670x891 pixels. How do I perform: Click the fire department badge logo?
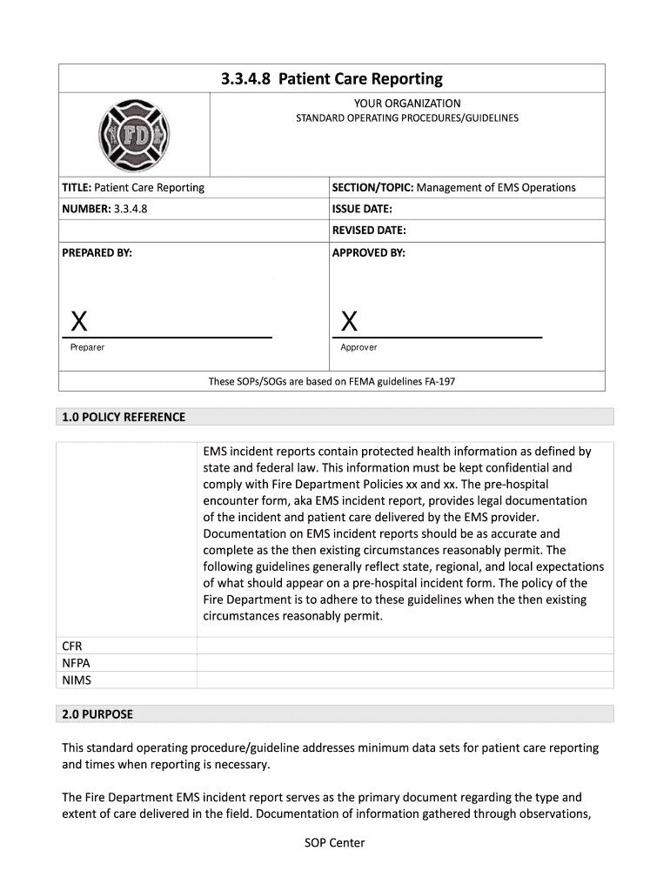pos(134,136)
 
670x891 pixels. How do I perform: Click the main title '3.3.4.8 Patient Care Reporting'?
pos(332,79)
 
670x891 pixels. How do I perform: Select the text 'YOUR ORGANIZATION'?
pos(406,104)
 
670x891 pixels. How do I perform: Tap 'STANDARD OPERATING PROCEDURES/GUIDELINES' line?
pos(406,117)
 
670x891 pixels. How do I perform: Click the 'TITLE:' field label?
pos(77,188)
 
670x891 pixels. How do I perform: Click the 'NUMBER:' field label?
pos(85,209)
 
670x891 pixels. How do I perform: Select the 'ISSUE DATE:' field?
pos(362,209)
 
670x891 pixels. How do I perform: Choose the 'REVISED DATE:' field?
pos(369,231)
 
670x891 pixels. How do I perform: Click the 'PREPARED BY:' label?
pos(97,252)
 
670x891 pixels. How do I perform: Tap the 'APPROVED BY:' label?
pos(368,252)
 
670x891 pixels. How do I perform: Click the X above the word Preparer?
pos(78,322)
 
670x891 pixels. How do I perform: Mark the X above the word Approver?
pos(349,322)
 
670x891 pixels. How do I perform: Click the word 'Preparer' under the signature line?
pos(87,347)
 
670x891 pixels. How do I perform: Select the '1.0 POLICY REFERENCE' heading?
pos(124,417)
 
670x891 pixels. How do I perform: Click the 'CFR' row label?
pos(71,646)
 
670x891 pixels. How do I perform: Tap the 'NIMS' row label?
pos(76,680)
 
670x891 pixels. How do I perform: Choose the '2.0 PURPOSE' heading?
pos(97,714)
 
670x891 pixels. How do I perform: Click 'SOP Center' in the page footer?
pos(334,842)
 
